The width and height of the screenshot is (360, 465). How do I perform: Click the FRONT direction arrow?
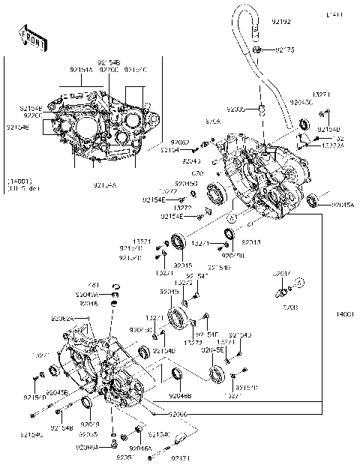[29, 38]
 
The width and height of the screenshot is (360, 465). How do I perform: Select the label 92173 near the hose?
[286, 50]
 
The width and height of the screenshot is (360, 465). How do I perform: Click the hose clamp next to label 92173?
[256, 49]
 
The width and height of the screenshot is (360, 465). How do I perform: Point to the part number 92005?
[236, 109]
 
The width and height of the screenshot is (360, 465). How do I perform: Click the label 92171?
[181, 456]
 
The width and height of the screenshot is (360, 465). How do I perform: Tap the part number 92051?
[125, 457]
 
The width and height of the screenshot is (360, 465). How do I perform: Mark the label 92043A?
[86, 295]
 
